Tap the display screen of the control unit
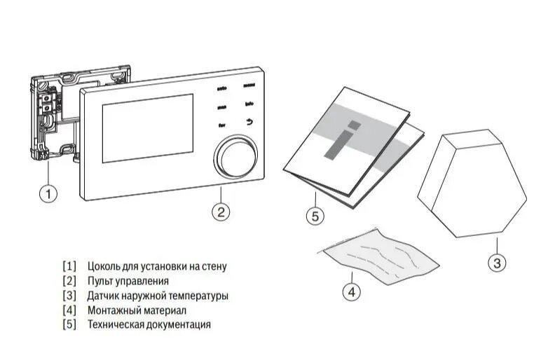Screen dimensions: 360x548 (x=147, y=128)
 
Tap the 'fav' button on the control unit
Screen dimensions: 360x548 (x=221, y=125)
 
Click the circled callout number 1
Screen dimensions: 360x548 (x=48, y=193)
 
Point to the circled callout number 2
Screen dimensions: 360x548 (x=221, y=211)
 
